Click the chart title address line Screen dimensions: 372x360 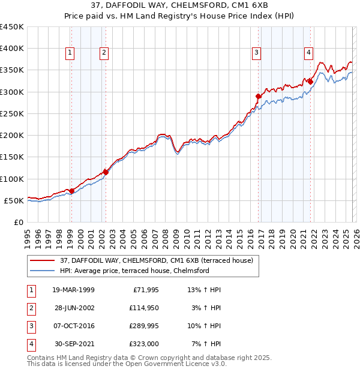point(180,6)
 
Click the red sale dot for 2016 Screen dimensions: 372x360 point(258,96)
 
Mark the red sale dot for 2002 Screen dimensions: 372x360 point(106,172)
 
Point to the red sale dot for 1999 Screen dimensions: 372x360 point(71,191)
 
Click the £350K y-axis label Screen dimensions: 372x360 point(12,70)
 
